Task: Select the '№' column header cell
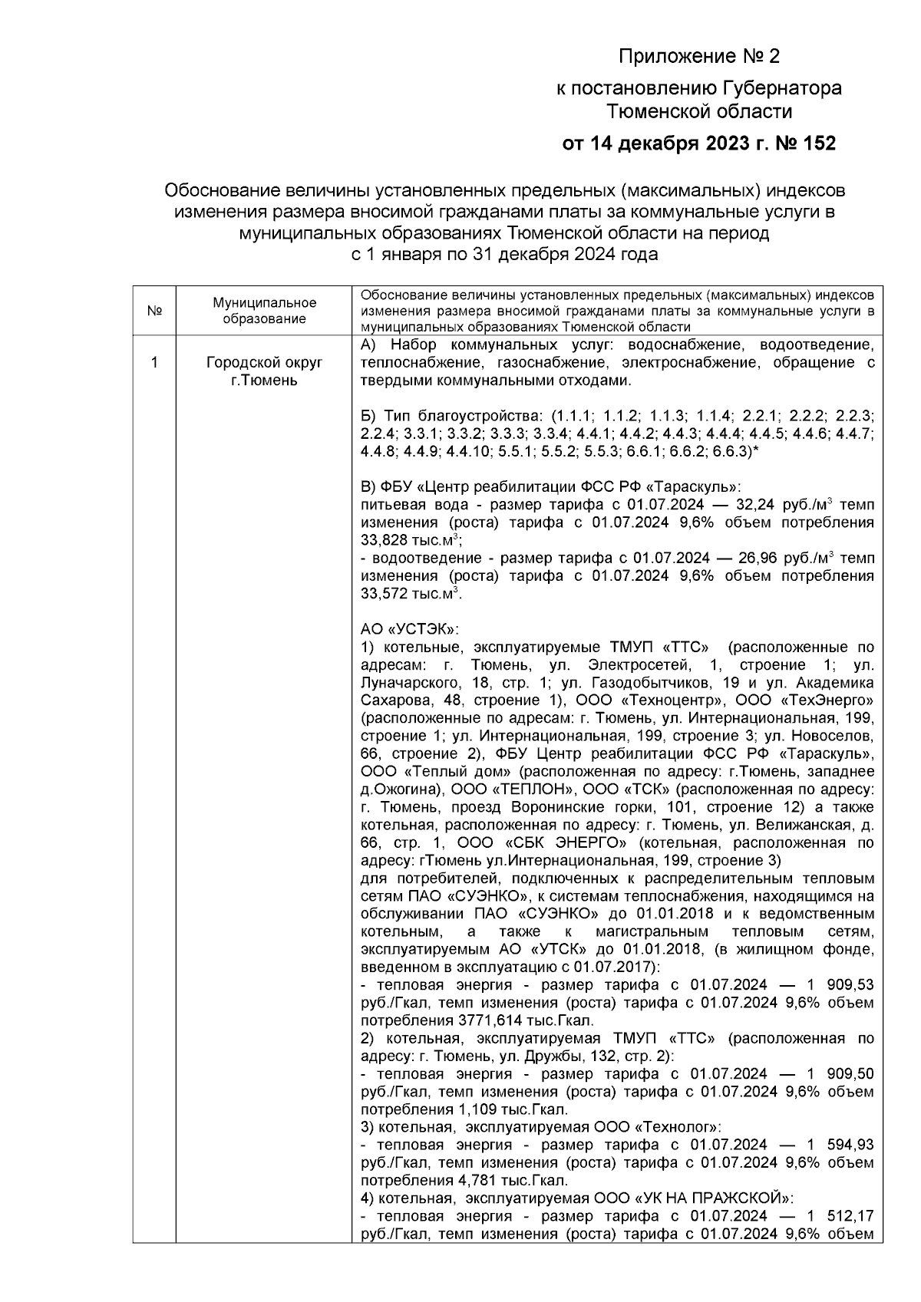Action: point(153,311)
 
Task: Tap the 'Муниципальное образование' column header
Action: point(264,311)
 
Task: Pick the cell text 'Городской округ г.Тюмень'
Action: point(264,371)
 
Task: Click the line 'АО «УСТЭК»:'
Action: point(409,629)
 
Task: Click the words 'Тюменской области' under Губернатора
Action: point(698,112)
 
